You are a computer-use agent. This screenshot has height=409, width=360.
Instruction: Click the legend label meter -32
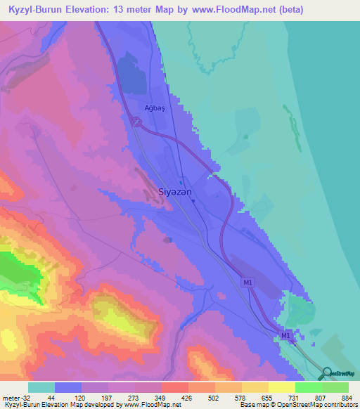15,398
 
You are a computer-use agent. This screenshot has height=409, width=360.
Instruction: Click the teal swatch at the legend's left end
41,387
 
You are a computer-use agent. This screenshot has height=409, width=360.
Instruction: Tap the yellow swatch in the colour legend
281,387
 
